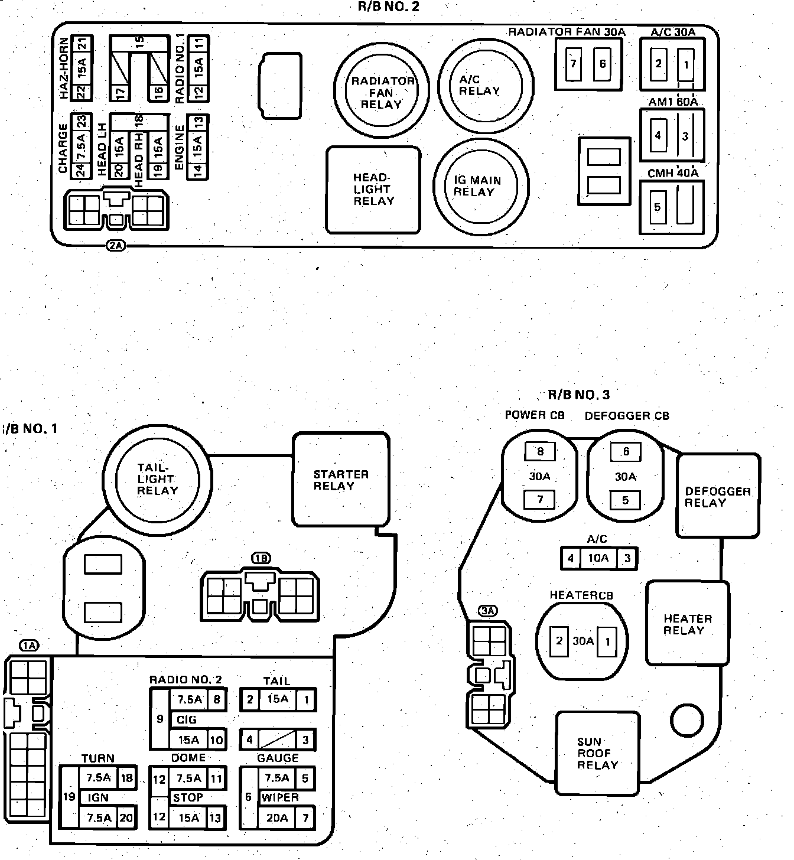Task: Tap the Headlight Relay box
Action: (373, 190)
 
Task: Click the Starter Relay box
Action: (341, 480)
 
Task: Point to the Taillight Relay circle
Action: (157, 478)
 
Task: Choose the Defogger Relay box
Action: (718, 497)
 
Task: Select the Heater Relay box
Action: (687, 624)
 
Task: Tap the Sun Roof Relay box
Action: (597, 753)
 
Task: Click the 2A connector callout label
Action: (116, 246)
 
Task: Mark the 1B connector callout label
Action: (261, 558)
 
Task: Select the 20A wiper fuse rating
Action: (276, 817)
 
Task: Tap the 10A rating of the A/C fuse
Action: (598, 558)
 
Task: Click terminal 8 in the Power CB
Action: (540, 452)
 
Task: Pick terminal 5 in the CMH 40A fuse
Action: (657, 207)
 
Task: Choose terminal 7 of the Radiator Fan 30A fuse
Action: (572, 63)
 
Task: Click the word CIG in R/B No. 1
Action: (187, 719)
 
